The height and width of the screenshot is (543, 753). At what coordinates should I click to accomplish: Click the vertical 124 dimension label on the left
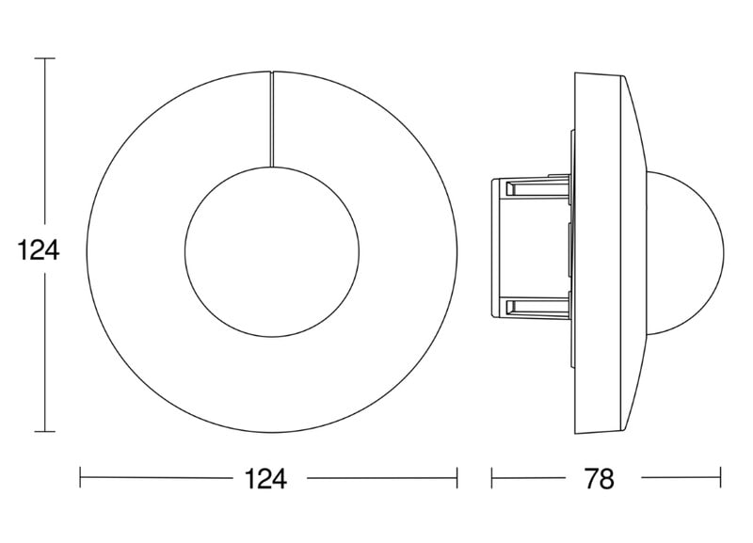pos(39,250)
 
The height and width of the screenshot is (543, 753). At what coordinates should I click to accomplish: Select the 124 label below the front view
pos(265,478)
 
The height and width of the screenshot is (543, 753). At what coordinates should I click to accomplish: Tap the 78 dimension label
pos(600,478)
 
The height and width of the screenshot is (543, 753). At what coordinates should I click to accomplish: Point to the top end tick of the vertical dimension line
pos(44,58)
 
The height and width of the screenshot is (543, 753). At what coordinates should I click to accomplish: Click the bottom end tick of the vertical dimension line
pos(44,432)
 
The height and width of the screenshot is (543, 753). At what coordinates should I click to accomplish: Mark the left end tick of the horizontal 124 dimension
pos(80,478)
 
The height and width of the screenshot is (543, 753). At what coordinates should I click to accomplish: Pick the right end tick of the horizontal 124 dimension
pos(457,478)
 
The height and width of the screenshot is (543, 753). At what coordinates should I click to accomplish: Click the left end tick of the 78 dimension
pos(491,478)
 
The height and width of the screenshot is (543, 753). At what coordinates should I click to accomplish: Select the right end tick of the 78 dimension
pos(720,478)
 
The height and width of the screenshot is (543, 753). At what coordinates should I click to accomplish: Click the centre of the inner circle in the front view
pos(272,251)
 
